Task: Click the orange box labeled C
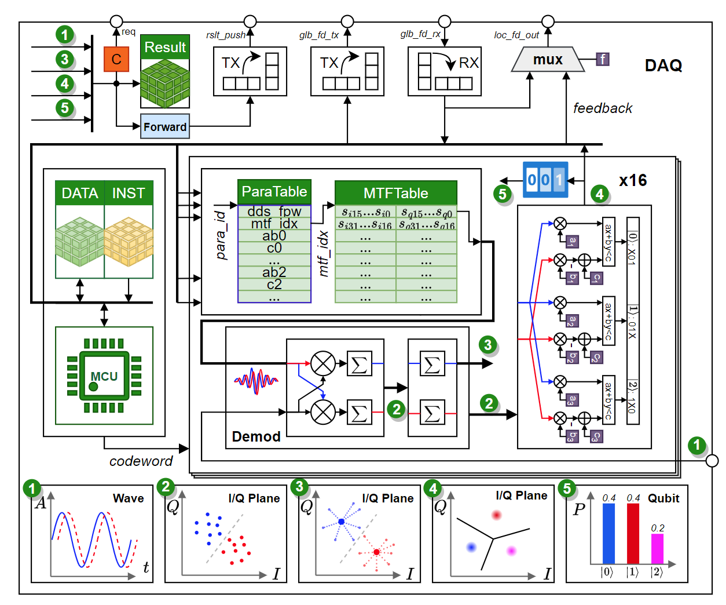click(116, 59)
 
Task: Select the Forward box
click(165, 127)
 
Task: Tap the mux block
click(547, 60)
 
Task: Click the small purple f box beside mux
click(603, 59)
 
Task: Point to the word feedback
click(602, 108)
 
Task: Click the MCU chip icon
click(104, 376)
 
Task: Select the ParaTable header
click(274, 192)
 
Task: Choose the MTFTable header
click(396, 193)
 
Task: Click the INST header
click(129, 193)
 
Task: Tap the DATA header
click(80, 193)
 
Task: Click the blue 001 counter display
click(545, 180)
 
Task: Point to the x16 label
click(633, 180)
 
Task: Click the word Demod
click(256, 436)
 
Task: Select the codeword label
click(141, 461)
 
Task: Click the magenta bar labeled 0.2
click(657, 549)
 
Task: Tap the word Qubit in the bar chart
click(663, 498)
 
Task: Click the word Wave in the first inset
click(128, 498)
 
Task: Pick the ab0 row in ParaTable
click(274, 236)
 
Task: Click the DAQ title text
click(663, 65)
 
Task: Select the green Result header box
click(165, 47)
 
